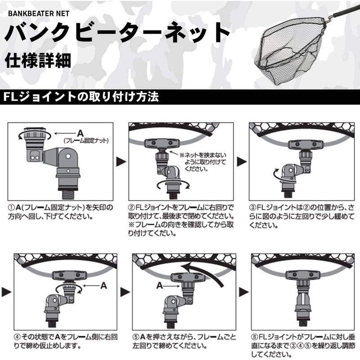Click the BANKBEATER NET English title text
point(38,13)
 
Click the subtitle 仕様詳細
point(38,61)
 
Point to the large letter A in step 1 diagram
point(80,133)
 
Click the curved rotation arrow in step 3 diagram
point(279,173)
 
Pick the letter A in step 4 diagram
point(103,285)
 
